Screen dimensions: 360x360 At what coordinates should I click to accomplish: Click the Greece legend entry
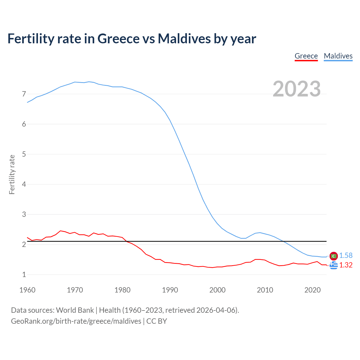pyautogui.click(x=306, y=56)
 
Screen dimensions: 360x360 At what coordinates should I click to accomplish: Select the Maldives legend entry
pyautogui.click(x=338, y=56)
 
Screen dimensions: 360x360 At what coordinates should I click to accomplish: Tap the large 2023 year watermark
pyautogui.click(x=296, y=89)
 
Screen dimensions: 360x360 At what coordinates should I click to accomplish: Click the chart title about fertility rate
pyautogui.click(x=132, y=39)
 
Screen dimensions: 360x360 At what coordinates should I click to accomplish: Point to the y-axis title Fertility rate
pyautogui.click(x=12, y=174)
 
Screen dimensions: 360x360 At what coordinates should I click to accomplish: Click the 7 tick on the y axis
pyautogui.click(x=24, y=94)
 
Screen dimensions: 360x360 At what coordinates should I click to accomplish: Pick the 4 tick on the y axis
pyautogui.click(x=24, y=184)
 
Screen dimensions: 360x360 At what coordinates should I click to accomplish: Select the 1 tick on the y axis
pyautogui.click(x=24, y=275)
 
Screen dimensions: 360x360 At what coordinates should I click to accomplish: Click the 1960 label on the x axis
pyautogui.click(x=27, y=290)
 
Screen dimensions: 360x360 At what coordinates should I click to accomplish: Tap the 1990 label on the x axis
pyautogui.click(x=170, y=290)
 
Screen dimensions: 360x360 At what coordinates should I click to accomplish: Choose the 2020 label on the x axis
pyautogui.click(x=312, y=290)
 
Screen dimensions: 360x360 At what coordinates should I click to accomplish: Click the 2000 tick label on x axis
pyautogui.click(x=217, y=290)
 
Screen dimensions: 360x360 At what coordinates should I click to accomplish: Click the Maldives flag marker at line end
pyautogui.click(x=334, y=256)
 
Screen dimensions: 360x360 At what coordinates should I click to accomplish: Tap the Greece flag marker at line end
pyautogui.click(x=334, y=265)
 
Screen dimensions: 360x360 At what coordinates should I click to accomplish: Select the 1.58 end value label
pyautogui.click(x=346, y=255)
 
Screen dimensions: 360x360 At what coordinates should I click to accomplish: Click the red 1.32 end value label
pyautogui.click(x=346, y=265)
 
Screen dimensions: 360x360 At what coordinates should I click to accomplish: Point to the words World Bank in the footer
pyautogui.click(x=75, y=310)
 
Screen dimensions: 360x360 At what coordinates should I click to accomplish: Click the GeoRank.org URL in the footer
pyautogui.click(x=76, y=321)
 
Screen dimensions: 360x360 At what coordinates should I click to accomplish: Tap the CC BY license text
pyautogui.click(x=157, y=321)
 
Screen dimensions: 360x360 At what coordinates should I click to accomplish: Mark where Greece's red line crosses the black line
pyautogui.click(x=126, y=241)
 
